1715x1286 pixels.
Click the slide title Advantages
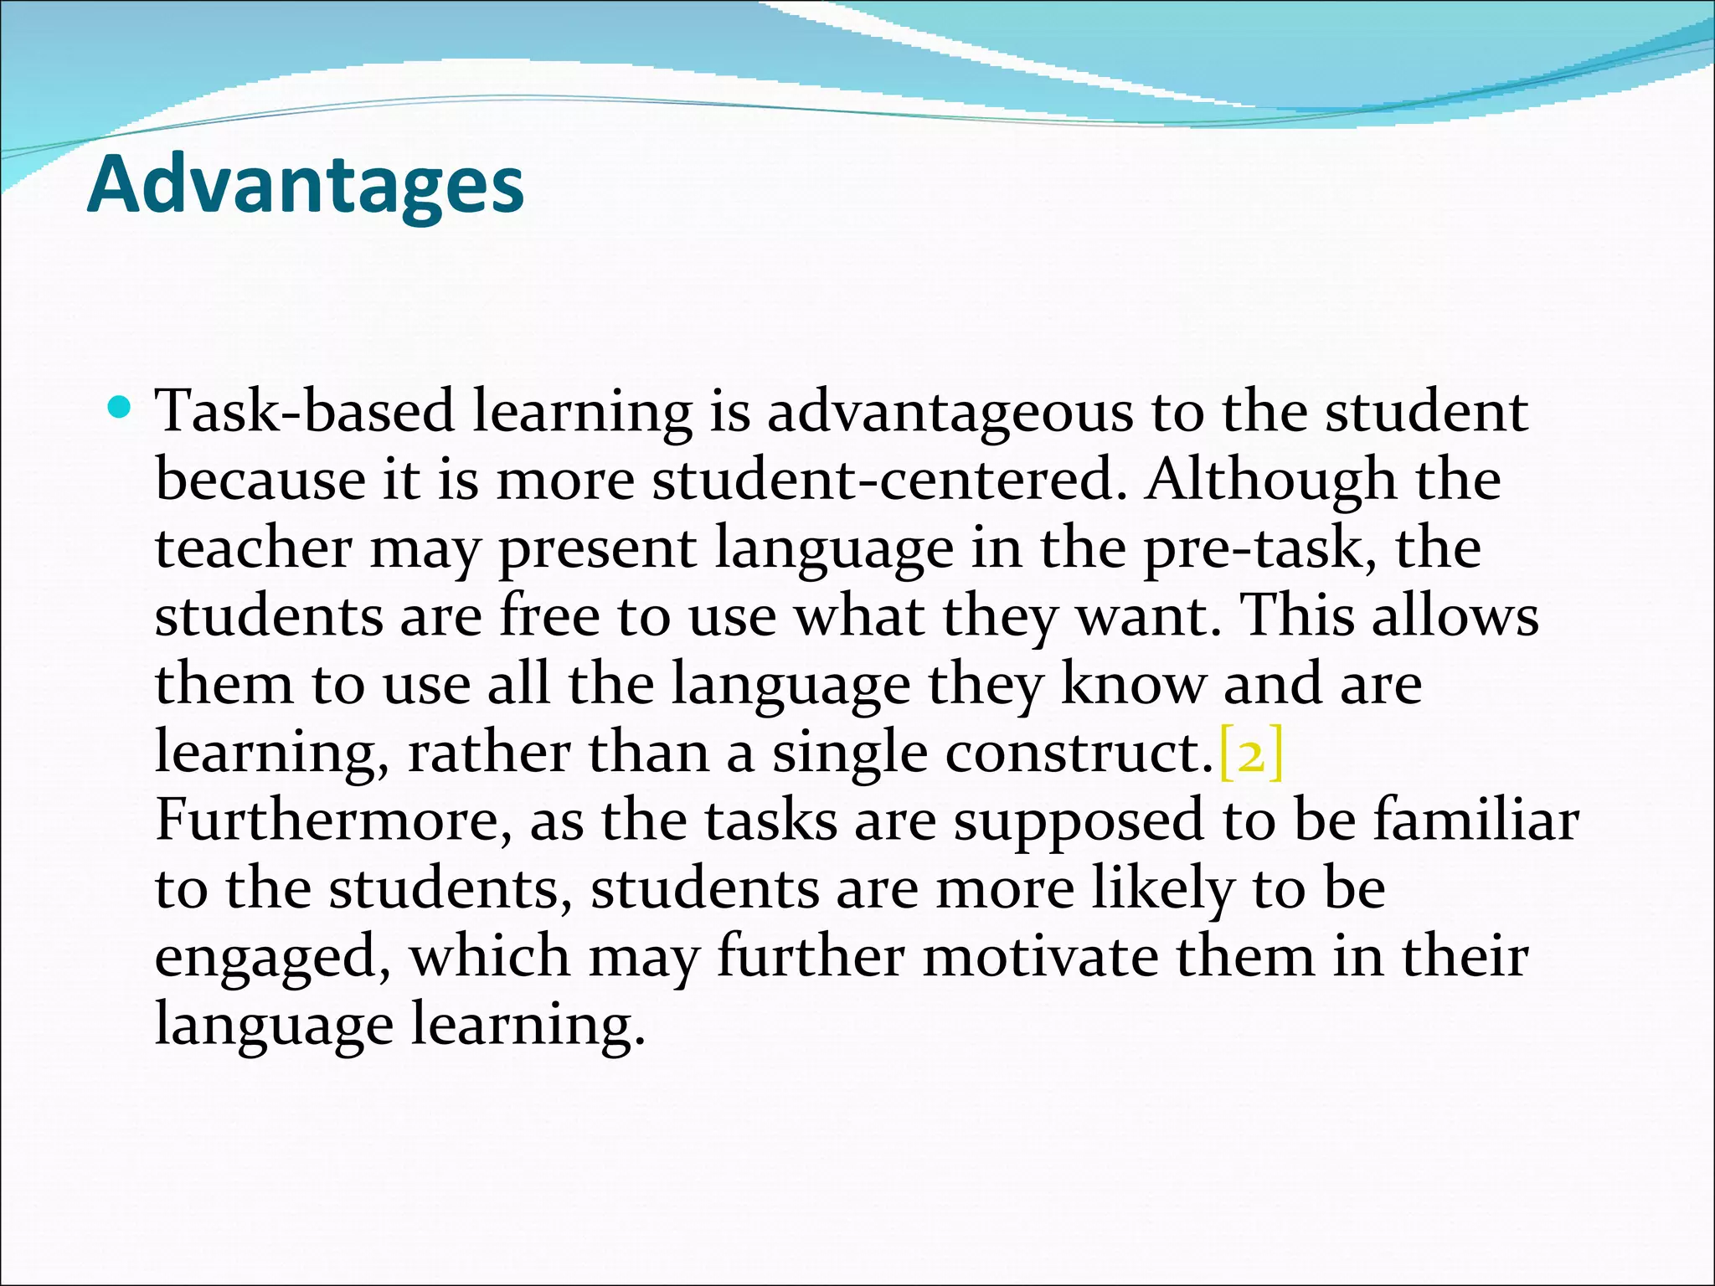click(x=306, y=185)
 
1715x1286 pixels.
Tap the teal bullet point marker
click(x=121, y=409)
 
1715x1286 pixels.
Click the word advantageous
click(x=950, y=413)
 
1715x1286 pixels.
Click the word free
click(x=550, y=616)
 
